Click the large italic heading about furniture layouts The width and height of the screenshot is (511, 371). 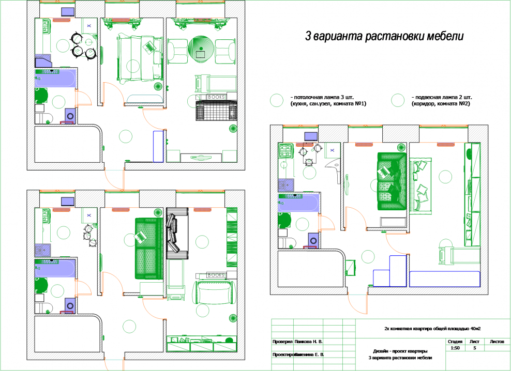pyautogui.click(x=384, y=37)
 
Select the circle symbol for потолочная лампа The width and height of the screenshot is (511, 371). pyautogui.click(x=277, y=100)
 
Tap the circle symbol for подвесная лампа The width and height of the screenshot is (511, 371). pyautogui.click(x=398, y=100)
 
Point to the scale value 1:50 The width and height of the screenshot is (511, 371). pyautogui.click(x=455, y=348)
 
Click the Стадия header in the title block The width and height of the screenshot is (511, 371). pyautogui.click(x=455, y=342)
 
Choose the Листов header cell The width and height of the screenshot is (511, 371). pyautogui.click(x=497, y=342)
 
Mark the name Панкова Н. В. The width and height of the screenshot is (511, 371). pyautogui.click(x=309, y=342)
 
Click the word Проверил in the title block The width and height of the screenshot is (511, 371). pyautogui.click(x=282, y=342)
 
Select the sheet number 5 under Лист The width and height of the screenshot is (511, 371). pyautogui.click(x=475, y=348)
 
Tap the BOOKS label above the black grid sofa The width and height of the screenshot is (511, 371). pyautogui.click(x=215, y=97)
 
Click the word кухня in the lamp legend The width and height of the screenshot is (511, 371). pyautogui.click(x=300, y=104)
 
